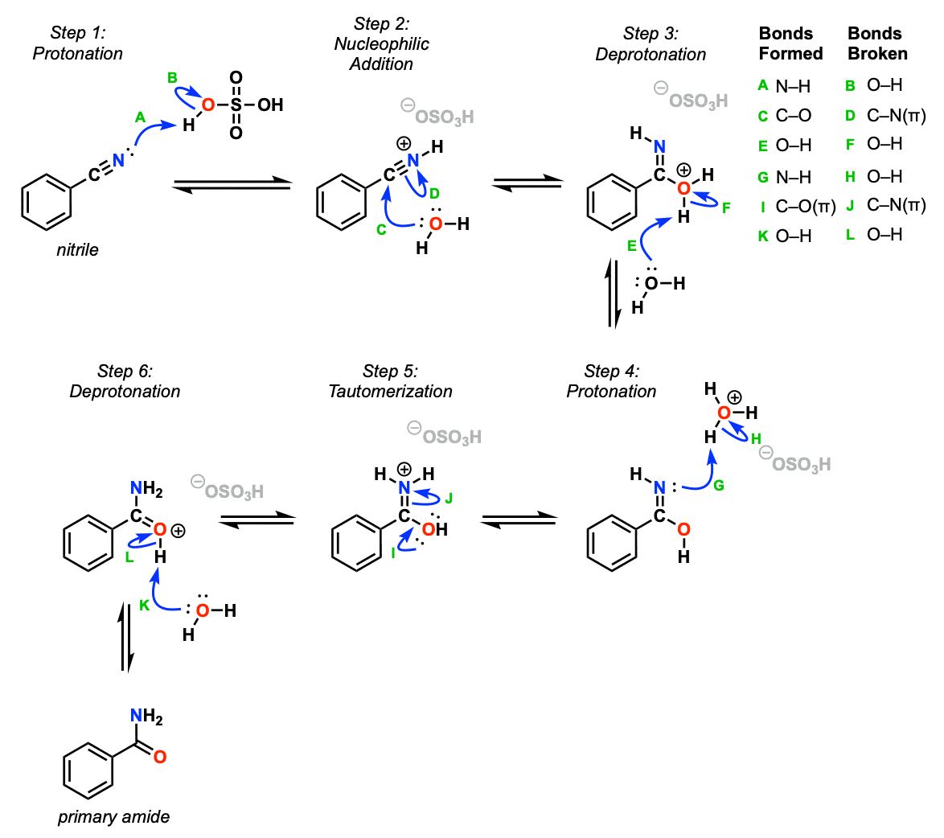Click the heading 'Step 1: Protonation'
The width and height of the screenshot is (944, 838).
click(78, 43)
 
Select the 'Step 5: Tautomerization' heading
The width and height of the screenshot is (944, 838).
click(390, 381)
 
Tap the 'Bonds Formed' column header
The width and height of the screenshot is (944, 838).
click(790, 43)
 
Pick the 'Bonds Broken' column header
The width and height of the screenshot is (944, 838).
click(877, 43)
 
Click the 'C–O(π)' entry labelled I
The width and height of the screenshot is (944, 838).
click(805, 207)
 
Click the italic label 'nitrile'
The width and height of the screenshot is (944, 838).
click(78, 250)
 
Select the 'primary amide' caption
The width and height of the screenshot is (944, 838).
click(113, 817)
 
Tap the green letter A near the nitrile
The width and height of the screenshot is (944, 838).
click(140, 117)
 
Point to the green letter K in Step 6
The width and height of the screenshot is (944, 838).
click(145, 606)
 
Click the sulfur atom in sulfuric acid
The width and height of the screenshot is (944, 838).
click(236, 105)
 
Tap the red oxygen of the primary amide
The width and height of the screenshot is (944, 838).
click(159, 758)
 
